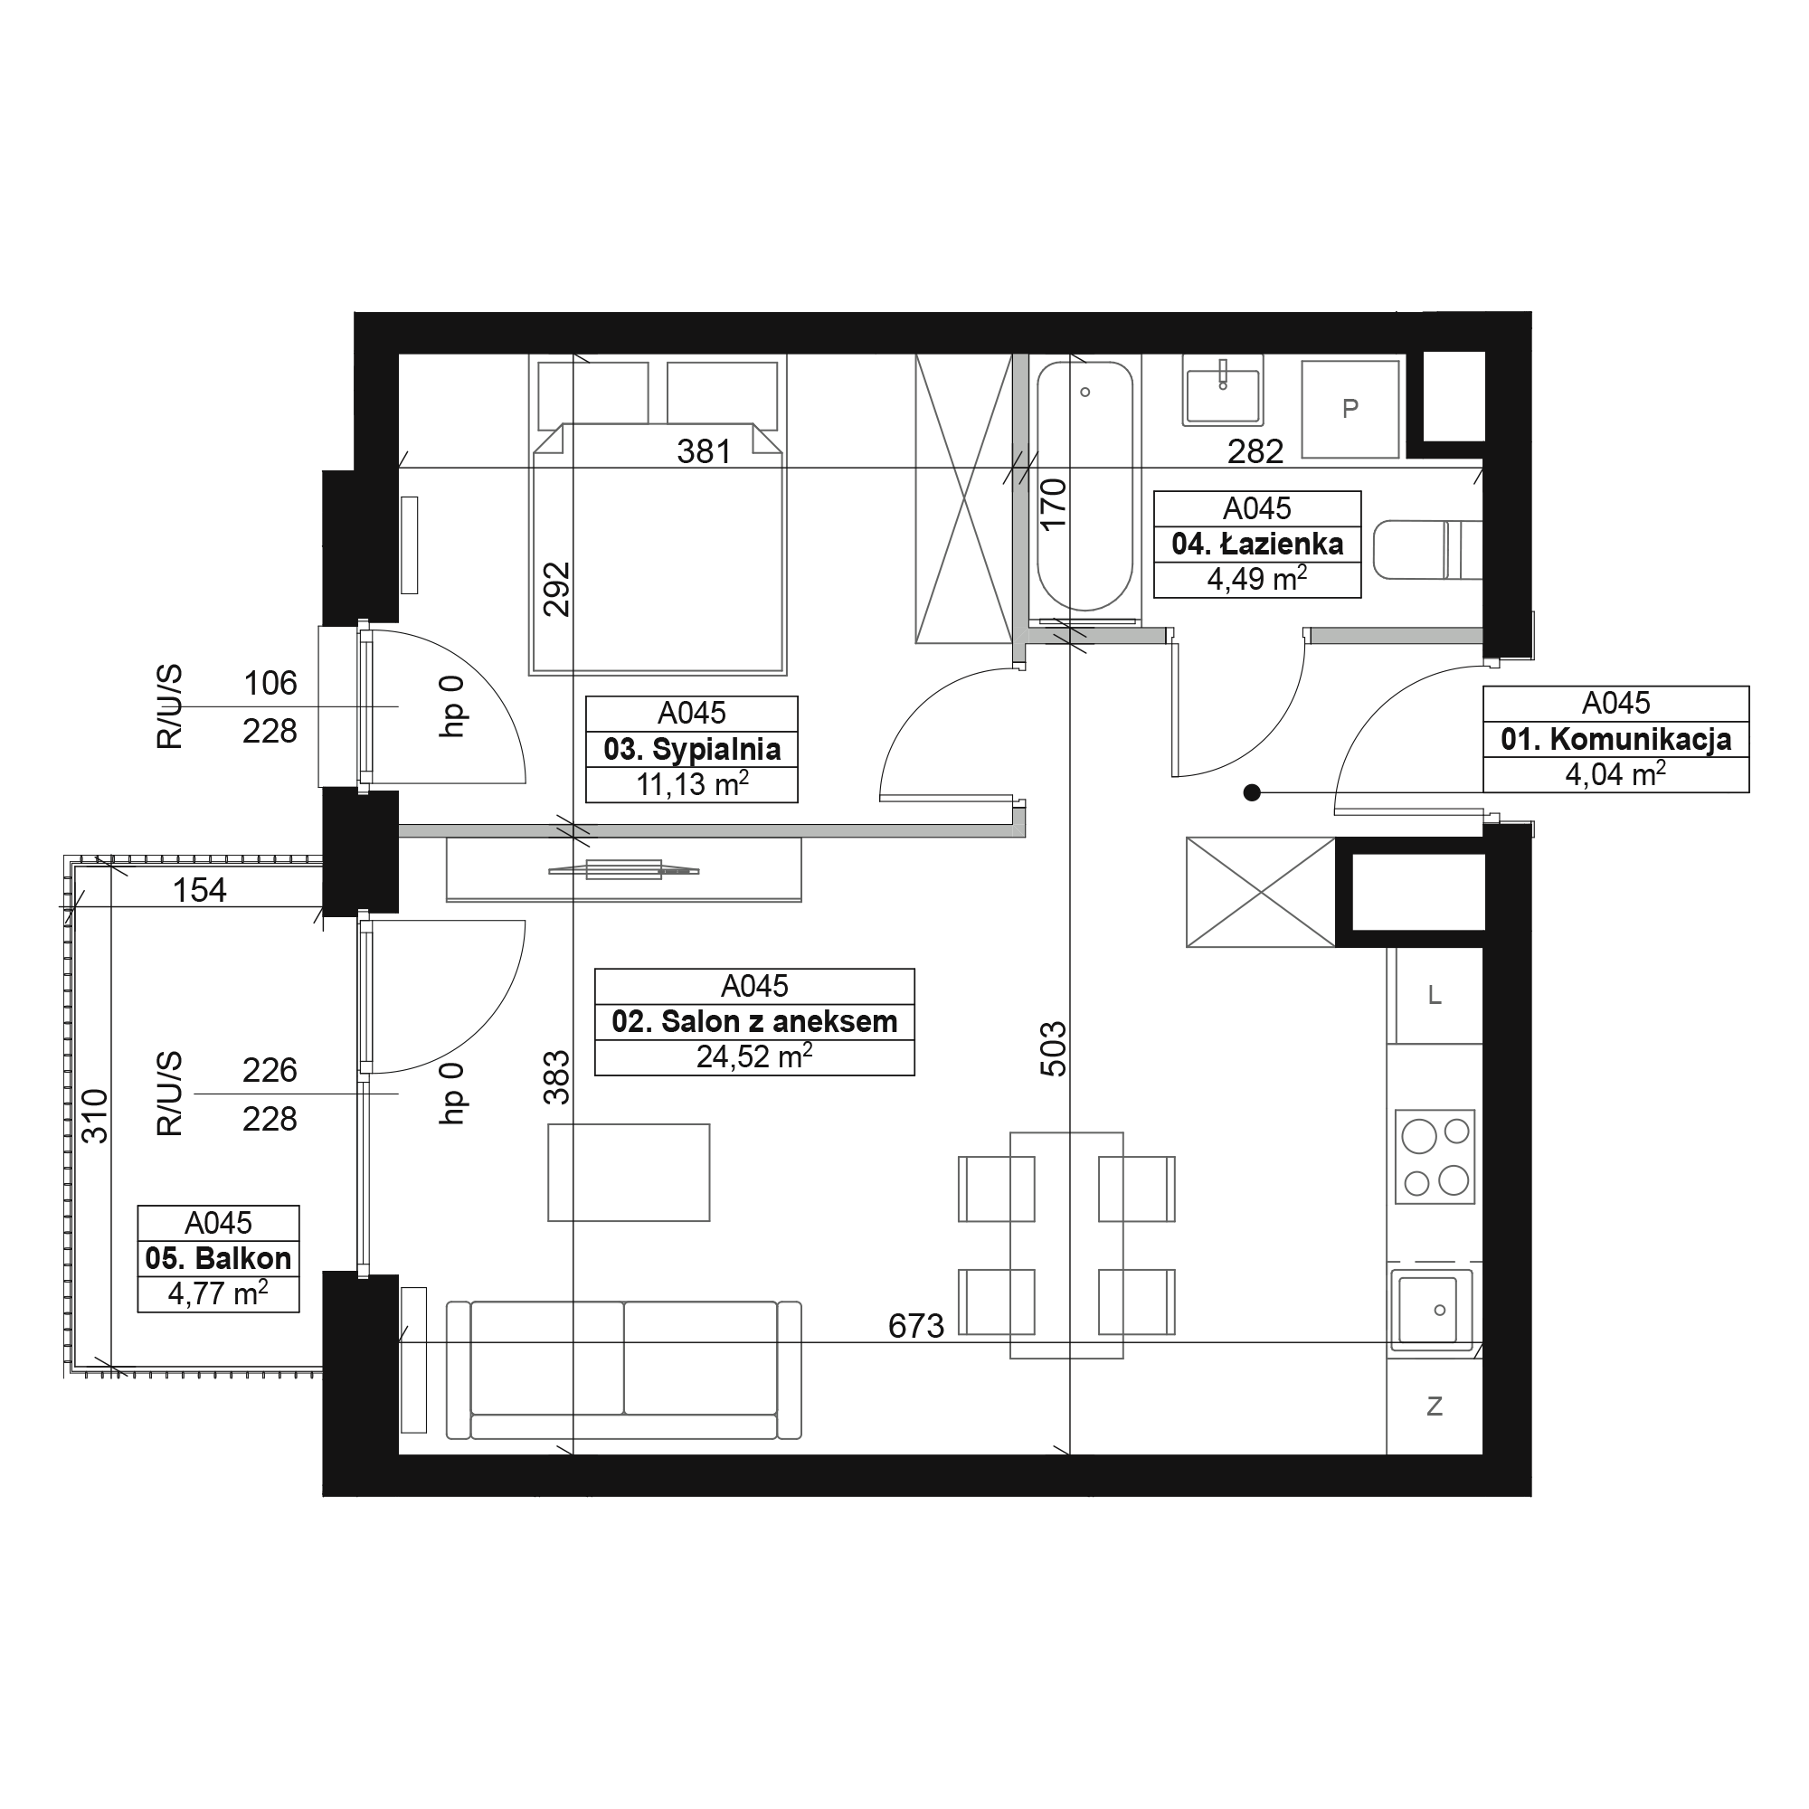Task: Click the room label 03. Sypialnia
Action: pos(692,749)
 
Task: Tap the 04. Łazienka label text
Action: pos(1257,544)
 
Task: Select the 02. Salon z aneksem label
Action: pos(754,1021)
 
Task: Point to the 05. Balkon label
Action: pos(218,1258)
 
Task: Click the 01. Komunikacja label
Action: pos(1616,739)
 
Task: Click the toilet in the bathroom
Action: pos(1428,551)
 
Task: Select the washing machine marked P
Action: pos(1350,410)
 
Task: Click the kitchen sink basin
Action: pos(1432,1310)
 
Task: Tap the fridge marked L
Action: pos(1435,995)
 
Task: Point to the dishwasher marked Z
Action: pos(1435,1406)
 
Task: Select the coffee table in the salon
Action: pos(629,1172)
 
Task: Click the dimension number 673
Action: pos(915,1326)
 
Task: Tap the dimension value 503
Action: pos(1054,1048)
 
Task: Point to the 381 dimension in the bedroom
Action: pos(704,452)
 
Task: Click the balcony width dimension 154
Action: pos(199,889)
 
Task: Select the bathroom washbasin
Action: pos(1223,390)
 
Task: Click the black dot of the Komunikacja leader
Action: pos(1252,793)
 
